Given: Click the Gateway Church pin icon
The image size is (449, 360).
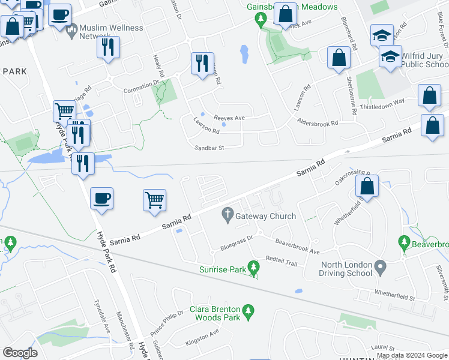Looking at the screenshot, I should point(228,214).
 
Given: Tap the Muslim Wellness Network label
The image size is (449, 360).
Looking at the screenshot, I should point(111,32).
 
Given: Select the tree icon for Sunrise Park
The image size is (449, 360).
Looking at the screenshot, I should point(253,267).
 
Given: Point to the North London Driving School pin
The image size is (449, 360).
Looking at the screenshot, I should point(379,266).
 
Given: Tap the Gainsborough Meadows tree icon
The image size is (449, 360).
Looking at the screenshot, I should point(261,20).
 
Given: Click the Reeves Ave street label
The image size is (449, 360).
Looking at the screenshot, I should point(231,118).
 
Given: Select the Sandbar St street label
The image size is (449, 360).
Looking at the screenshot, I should point(209,147).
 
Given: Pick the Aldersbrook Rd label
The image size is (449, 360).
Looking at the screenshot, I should point(318,122).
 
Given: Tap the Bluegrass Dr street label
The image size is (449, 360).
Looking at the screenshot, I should point(237,245).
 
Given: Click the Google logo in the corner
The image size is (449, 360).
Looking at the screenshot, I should point(20,352).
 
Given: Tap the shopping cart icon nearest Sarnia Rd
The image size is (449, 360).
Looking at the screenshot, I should point(155,200).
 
